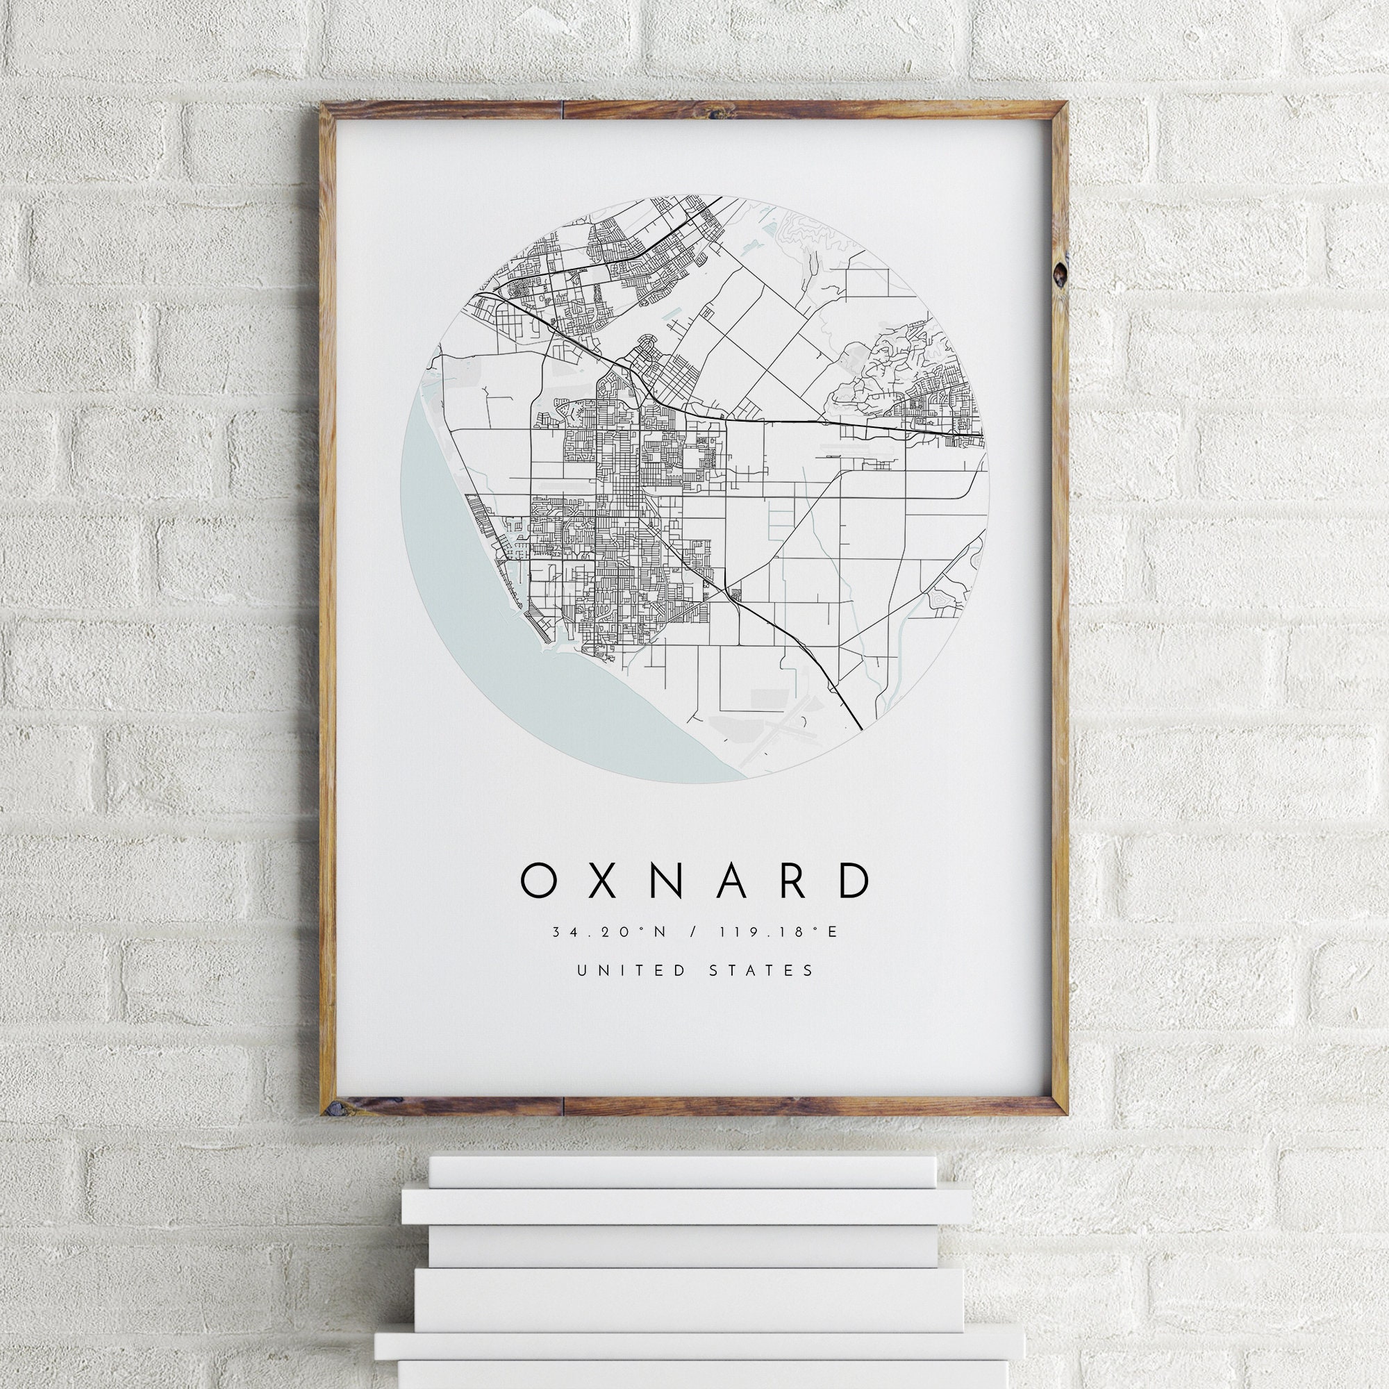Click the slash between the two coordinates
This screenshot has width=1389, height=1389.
692,932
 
